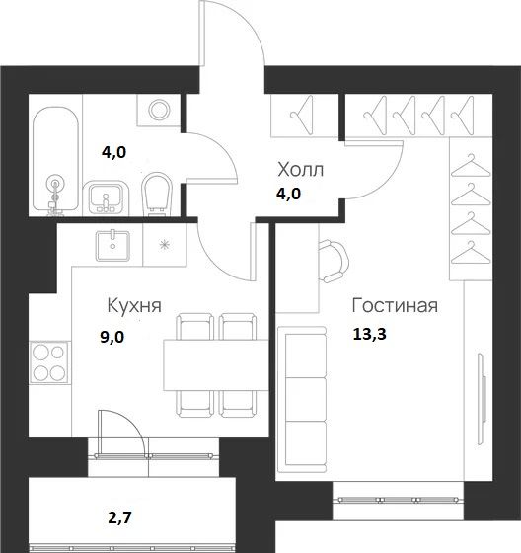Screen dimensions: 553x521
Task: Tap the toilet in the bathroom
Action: (x=156, y=193)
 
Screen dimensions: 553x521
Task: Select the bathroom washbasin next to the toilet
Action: (x=106, y=197)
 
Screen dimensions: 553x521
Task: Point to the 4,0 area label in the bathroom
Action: (x=115, y=152)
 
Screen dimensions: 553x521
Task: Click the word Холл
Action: (x=299, y=171)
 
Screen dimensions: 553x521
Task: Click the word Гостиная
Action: (x=394, y=305)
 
